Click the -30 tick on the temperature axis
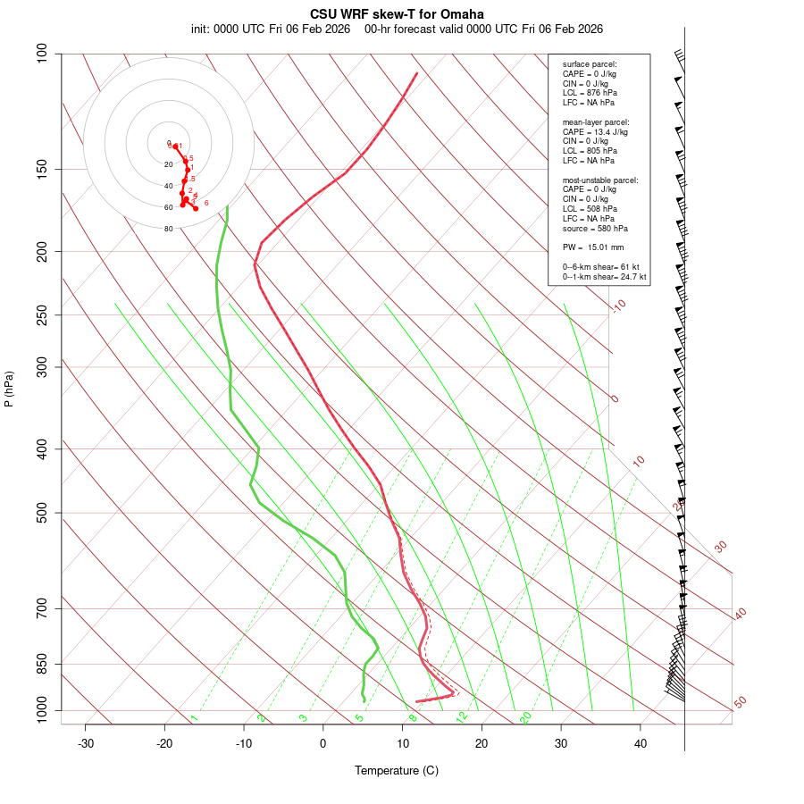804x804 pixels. [x=86, y=743]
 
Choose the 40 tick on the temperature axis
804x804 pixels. [x=641, y=743]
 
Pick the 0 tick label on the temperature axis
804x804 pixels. [x=323, y=743]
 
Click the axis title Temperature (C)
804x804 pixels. [x=397, y=770]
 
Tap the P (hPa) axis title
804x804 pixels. [x=9, y=389]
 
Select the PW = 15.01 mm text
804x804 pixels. [x=593, y=247]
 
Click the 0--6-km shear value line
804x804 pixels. [x=604, y=267]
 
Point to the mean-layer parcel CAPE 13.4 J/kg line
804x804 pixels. [x=595, y=131]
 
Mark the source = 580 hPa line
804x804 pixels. [x=589, y=228]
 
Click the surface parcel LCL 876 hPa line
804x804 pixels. [x=590, y=93]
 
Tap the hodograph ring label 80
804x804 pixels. [x=168, y=229]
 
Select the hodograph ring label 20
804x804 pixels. [x=168, y=164]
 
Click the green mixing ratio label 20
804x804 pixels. [x=525, y=716]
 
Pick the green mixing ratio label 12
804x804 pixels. [x=461, y=716]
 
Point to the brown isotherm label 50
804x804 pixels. [x=740, y=703]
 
